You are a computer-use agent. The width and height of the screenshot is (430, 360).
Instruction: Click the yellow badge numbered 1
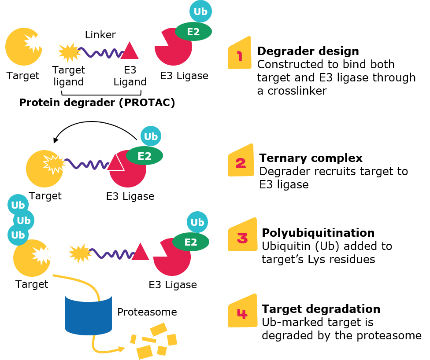tap(240, 55)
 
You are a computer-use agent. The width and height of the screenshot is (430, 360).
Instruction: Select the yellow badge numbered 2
tap(241, 162)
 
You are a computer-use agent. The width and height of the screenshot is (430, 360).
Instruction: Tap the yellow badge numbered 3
tap(242, 236)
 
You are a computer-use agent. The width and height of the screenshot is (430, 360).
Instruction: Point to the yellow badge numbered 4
tap(242, 312)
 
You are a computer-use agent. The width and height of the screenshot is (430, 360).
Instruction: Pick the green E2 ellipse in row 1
tap(193, 32)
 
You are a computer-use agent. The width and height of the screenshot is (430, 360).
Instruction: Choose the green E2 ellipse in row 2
tap(145, 156)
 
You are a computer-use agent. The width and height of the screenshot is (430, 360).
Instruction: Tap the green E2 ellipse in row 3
tap(191, 242)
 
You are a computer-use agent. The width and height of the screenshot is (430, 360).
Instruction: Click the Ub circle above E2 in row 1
tap(200, 11)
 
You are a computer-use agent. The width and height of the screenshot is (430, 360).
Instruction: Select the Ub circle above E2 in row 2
tap(151, 136)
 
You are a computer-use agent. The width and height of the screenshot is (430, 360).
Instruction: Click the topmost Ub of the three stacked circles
tap(18, 205)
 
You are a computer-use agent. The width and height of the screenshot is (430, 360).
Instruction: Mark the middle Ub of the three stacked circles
tap(24, 220)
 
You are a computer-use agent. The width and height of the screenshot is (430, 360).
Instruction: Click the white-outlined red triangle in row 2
tap(115, 163)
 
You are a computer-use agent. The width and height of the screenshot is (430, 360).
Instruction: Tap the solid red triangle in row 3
tap(140, 253)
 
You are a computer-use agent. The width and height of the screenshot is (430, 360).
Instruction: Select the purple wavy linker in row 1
tap(101, 53)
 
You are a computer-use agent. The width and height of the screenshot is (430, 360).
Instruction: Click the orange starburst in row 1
tap(69, 52)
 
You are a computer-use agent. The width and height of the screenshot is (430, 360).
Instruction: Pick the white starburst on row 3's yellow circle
tap(43, 255)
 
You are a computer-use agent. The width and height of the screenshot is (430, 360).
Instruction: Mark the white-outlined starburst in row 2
tap(55, 163)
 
